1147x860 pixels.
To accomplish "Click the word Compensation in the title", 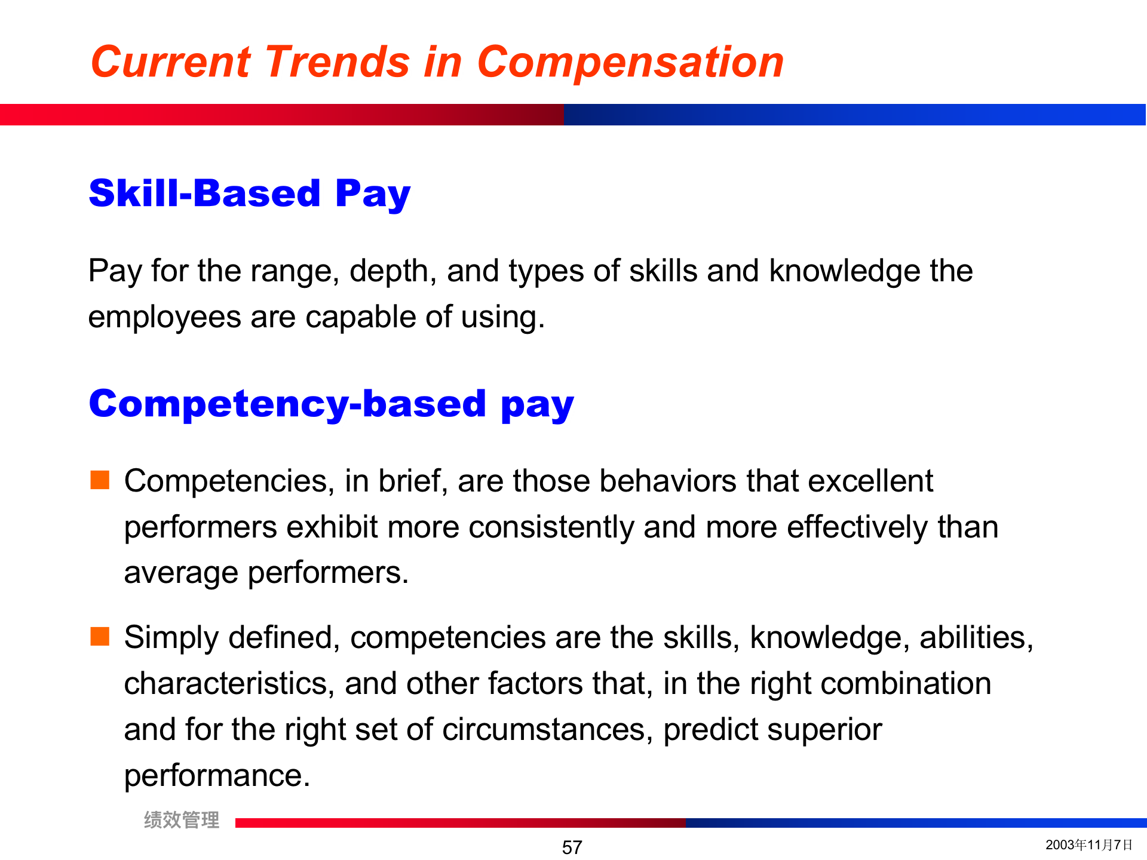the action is (630, 62).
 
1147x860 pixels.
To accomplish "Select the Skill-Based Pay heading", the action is (250, 194).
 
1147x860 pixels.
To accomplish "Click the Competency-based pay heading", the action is (332, 404).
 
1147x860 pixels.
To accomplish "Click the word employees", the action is (164, 318).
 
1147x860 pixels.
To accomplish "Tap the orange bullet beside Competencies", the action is (100, 480).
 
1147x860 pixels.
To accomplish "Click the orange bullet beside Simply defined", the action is (100, 636).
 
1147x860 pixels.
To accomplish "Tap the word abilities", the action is (976, 637).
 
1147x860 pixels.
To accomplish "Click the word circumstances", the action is (548, 730).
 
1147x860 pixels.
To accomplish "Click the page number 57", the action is (572, 847).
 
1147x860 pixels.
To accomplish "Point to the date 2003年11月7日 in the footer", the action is (1089, 844).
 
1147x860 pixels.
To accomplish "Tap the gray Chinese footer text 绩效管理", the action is (182, 820).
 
